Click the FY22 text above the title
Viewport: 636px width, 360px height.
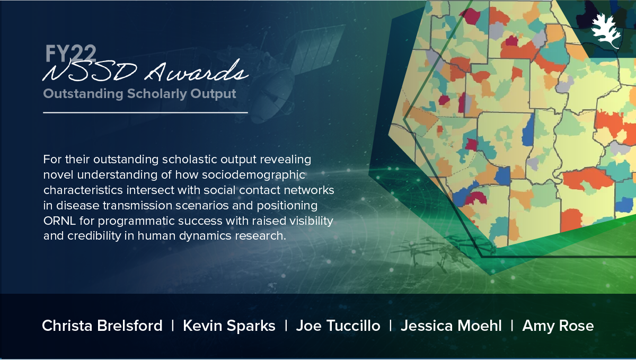click(x=70, y=54)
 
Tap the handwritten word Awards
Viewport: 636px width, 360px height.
click(x=197, y=71)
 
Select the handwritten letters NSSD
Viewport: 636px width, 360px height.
click(x=90, y=72)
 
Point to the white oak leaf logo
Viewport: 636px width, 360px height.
click(x=606, y=31)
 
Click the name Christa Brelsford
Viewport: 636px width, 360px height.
click(x=102, y=326)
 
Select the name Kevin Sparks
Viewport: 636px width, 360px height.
click(x=229, y=326)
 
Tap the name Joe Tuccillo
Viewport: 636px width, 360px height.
click(x=338, y=326)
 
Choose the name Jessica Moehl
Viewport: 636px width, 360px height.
click(x=451, y=326)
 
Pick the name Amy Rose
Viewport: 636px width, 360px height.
click(x=558, y=326)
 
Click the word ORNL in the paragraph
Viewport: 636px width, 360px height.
click(x=59, y=221)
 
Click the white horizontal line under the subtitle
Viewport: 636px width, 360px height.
click(x=145, y=113)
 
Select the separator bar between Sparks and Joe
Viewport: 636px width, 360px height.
click(x=286, y=326)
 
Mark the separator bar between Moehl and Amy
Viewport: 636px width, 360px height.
click(x=512, y=326)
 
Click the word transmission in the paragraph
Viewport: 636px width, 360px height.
click(x=137, y=205)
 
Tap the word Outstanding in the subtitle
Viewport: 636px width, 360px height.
click(x=83, y=94)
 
